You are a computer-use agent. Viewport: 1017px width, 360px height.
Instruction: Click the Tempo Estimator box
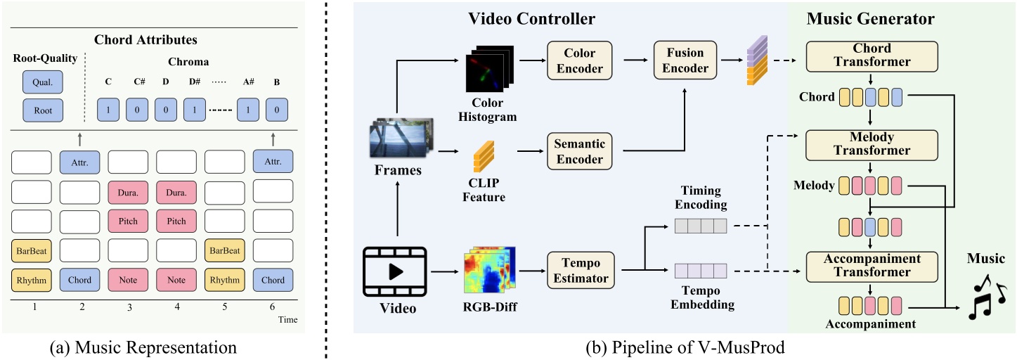pyautogui.click(x=580, y=269)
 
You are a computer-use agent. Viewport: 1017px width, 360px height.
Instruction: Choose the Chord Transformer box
pyautogui.click(x=871, y=55)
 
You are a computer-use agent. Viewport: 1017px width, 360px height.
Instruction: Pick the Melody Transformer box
pyautogui.click(x=871, y=144)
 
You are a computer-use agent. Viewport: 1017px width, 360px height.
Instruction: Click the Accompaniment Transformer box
pyautogui.click(x=871, y=265)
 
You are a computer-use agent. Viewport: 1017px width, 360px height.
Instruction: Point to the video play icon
pyautogui.click(x=395, y=271)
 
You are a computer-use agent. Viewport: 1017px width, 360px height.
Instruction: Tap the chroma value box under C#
pyautogui.click(x=141, y=110)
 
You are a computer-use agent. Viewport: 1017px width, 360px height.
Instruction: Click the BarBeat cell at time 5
pyautogui.click(x=224, y=250)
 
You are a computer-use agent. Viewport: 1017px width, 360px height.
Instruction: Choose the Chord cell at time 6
pyautogui.click(x=273, y=279)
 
